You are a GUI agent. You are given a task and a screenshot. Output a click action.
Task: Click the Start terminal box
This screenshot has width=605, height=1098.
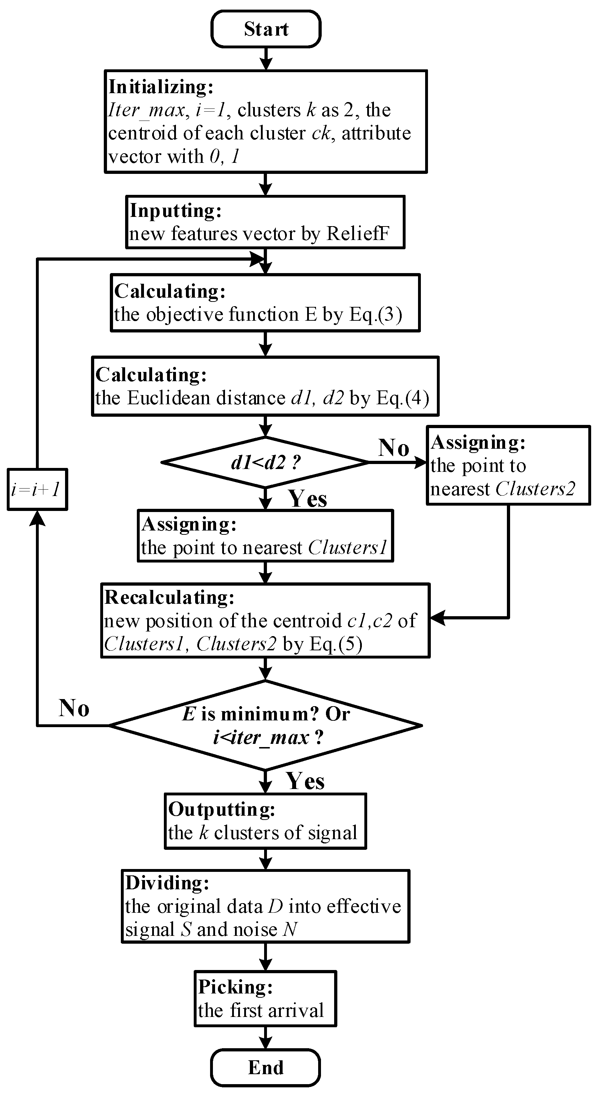(x=266, y=29)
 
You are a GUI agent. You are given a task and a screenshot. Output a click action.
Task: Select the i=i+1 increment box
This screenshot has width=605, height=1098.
(x=37, y=489)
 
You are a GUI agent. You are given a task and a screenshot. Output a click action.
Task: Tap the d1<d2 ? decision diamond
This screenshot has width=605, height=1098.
(x=265, y=462)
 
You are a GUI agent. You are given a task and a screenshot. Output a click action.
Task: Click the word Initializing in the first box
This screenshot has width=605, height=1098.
(x=160, y=87)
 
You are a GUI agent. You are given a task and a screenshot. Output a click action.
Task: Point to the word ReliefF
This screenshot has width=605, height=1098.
(x=358, y=234)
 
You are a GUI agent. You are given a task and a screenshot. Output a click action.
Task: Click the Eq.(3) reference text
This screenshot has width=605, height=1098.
(x=375, y=315)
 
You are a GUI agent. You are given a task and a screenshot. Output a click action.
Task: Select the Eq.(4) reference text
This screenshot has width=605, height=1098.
(x=403, y=398)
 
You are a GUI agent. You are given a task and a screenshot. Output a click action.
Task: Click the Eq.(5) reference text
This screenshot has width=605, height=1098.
(x=336, y=644)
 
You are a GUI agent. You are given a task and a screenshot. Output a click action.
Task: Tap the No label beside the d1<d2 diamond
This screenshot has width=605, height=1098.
(x=393, y=448)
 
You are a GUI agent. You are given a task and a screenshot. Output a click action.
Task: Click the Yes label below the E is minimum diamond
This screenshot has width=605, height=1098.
(x=305, y=781)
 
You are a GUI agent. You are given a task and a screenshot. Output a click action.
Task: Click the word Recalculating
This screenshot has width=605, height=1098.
(x=169, y=598)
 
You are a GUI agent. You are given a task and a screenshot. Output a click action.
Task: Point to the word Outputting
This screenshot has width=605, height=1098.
(x=221, y=809)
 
